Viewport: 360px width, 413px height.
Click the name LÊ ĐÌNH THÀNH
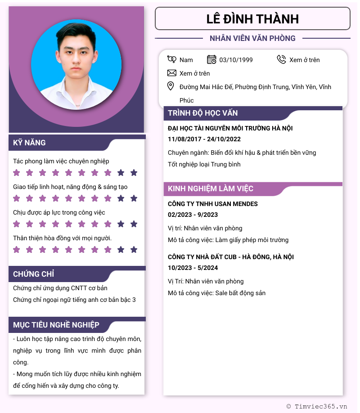pos(252,19)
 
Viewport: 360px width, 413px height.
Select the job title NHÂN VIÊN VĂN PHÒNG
pos(252,38)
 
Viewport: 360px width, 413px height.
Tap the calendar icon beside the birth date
pos(211,59)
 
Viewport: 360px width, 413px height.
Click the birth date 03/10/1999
pos(236,60)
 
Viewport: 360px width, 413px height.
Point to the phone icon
pos(281,59)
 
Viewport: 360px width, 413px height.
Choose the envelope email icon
pos(171,73)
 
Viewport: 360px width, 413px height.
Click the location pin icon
pos(171,86)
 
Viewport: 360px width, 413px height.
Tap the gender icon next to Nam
pos(171,59)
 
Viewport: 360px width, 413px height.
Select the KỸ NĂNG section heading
pos(30,143)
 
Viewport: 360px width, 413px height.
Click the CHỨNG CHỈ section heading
pos(34,274)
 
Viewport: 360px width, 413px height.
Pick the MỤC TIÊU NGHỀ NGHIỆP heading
pos(56,325)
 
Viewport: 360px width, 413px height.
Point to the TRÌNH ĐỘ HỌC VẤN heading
pos(203,113)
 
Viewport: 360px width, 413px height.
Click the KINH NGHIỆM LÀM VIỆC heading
pos(211,189)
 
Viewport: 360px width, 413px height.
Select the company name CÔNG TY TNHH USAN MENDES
pos(213,204)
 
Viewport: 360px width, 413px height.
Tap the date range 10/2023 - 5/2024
pos(193,268)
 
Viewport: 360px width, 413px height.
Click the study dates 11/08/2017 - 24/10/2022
pos(204,139)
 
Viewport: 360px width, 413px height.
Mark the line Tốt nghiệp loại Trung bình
pos(204,164)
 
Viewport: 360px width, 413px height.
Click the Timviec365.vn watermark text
pos(321,406)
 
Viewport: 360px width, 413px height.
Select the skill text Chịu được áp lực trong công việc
pos(59,212)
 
